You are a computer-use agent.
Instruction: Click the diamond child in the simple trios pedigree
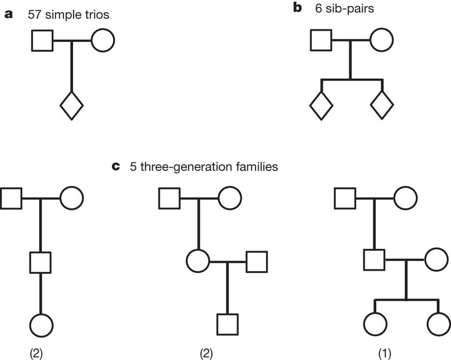coord(72,105)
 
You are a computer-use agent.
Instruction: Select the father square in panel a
coord(42,40)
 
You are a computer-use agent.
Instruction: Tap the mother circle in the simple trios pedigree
coord(102,40)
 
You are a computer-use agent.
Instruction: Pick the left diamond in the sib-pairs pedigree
coord(321,105)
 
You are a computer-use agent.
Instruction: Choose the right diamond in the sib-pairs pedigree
coord(381,105)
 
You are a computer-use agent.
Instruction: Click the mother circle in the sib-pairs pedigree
coord(381,40)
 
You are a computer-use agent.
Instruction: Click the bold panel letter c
coord(116,167)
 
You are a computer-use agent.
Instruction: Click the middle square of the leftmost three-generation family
coord(40,263)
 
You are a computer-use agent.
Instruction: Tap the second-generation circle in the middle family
coord(198,262)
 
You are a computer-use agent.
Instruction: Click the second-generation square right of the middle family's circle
coord(256,262)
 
